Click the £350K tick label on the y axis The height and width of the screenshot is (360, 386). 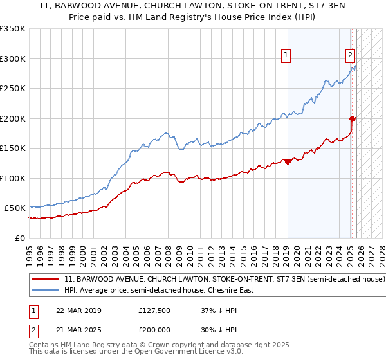tap(13, 29)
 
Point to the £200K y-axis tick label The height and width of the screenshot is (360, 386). tap(13, 118)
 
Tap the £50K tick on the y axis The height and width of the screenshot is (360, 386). tap(15, 208)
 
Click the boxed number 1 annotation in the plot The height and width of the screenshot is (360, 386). tap(286, 56)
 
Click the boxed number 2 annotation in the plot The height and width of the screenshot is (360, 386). tap(350, 55)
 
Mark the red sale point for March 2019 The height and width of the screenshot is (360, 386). tap(288, 162)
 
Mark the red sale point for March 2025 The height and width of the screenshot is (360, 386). tap(352, 118)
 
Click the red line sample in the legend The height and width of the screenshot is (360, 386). tap(46, 280)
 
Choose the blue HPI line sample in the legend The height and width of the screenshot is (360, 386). tap(46, 290)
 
